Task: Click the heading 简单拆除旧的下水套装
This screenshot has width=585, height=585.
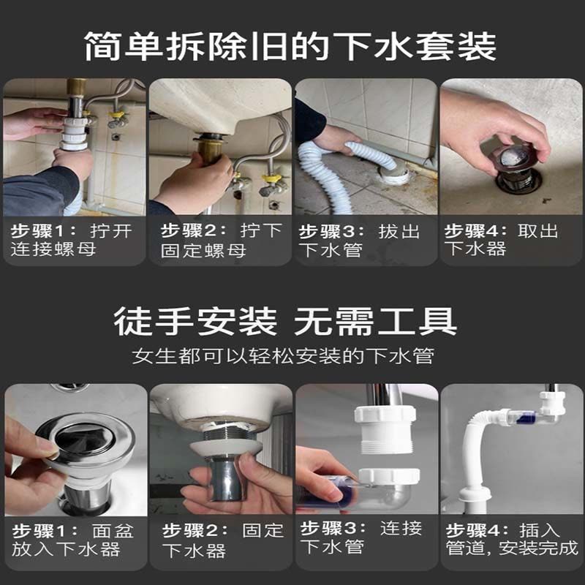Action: [x=290, y=46]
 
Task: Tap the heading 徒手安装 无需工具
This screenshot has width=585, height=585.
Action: [x=285, y=321]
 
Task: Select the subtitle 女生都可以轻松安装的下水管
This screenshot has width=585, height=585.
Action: [x=283, y=355]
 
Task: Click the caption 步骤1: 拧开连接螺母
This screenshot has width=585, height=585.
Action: [x=72, y=240]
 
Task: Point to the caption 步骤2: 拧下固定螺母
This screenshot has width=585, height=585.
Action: [x=222, y=240]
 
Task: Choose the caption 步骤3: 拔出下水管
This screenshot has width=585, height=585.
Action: [x=360, y=240]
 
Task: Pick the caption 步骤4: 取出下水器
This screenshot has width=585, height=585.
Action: [x=502, y=240]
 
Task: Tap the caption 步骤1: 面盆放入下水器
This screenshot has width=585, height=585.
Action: [x=73, y=540]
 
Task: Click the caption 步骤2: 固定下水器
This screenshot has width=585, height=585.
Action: [x=223, y=540]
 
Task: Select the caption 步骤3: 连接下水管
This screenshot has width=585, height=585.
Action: [x=361, y=537]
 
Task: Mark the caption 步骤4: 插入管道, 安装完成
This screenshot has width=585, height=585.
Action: [x=512, y=538]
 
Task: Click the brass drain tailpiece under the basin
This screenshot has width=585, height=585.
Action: [x=210, y=150]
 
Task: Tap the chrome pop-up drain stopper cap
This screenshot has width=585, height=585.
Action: [x=85, y=440]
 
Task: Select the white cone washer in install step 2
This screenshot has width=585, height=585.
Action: [x=223, y=449]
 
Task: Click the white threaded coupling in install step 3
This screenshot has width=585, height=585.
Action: [x=385, y=429]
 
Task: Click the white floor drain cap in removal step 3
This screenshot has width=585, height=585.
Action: [x=395, y=175]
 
